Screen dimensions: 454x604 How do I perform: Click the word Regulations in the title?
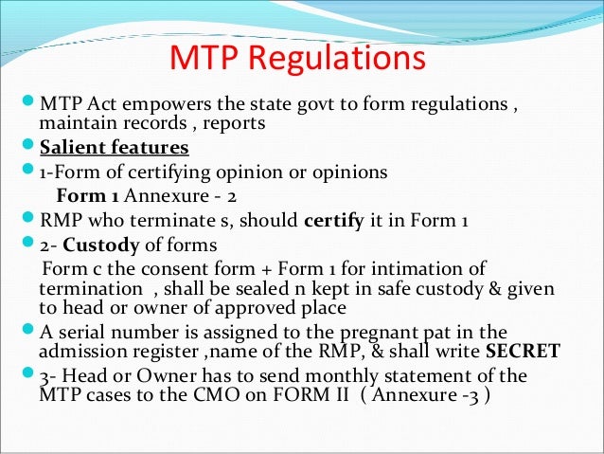334,59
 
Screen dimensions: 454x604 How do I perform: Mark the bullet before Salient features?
27,148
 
